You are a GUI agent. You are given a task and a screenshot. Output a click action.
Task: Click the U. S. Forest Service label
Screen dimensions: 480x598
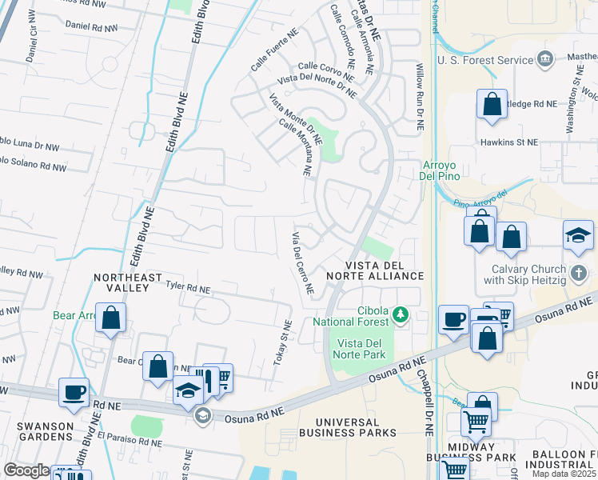484,60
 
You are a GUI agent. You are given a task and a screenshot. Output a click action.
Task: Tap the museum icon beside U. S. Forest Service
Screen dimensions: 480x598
545,59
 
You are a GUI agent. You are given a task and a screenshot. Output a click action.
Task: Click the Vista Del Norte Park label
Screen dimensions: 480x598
357,349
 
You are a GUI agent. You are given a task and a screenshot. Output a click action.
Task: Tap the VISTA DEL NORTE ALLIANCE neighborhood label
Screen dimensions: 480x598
384,270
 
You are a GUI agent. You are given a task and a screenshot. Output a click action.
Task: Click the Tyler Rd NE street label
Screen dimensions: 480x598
188,286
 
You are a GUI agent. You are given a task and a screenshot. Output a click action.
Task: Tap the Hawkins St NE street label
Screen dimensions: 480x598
509,142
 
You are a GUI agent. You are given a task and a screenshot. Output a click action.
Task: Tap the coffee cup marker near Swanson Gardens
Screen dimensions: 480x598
74,392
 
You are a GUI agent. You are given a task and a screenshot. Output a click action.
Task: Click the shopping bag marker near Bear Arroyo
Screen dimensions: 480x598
111,317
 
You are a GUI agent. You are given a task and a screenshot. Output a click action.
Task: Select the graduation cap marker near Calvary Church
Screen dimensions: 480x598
578,236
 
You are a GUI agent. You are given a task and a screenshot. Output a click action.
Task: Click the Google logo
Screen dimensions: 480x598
26,470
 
